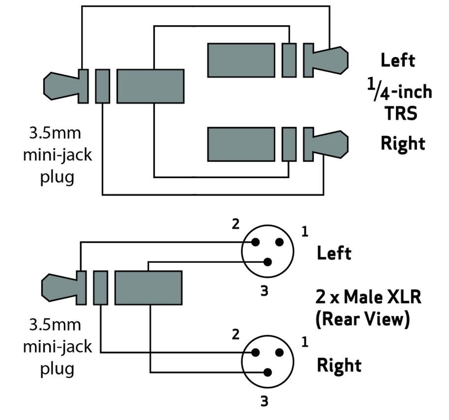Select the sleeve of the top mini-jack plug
click(150, 86)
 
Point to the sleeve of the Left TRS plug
click(241, 60)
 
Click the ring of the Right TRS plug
click(289, 144)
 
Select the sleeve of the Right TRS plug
click(241, 144)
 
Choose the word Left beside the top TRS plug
click(398, 60)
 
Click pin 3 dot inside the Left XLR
click(268, 261)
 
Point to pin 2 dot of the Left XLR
click(255, 242)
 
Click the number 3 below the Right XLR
click(265, 402)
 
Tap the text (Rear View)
click(362, 319)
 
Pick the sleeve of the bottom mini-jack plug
click(148, 288)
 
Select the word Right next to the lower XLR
click(339, 365)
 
